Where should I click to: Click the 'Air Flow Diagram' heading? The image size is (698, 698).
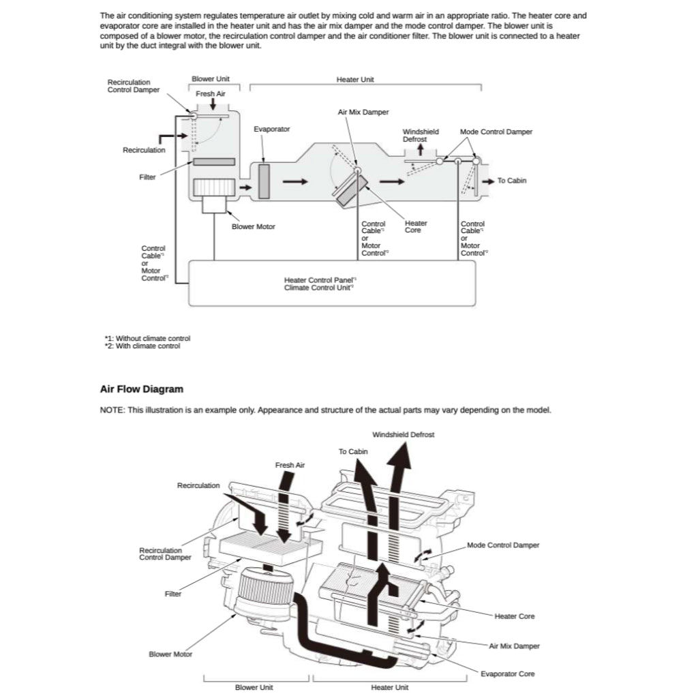142,389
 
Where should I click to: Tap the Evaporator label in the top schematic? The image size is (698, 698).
271,129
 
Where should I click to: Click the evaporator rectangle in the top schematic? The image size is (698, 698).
264,181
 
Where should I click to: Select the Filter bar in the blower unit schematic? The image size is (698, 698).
214,162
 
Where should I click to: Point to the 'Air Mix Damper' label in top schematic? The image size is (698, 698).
363,112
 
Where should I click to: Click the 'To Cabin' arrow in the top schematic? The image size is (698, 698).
488,181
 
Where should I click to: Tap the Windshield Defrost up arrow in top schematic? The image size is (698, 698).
421,150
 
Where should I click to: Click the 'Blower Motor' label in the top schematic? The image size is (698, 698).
254,226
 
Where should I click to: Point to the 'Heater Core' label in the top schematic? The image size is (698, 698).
416,226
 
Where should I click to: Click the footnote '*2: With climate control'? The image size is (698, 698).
142,346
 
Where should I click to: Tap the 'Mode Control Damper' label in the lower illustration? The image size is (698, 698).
503,545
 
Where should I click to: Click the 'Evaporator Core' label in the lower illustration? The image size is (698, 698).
507,674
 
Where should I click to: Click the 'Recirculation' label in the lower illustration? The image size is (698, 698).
198,485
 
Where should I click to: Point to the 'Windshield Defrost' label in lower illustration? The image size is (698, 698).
403,434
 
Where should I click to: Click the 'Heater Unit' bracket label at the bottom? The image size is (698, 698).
390,687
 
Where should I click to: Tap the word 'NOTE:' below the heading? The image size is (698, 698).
112,410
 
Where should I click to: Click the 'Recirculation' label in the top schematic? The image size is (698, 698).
144,150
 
